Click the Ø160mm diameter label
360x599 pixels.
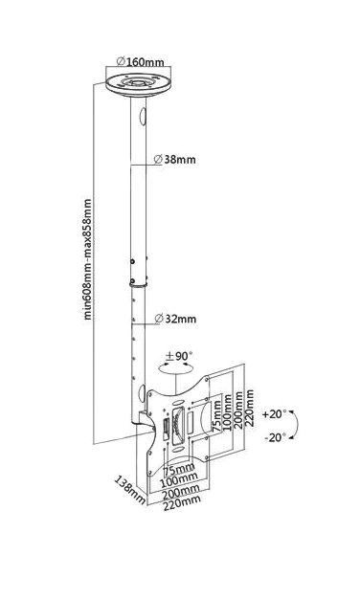click(145, 62)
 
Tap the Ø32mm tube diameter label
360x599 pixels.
click(175, 320)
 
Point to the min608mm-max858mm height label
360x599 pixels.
click(87, 258)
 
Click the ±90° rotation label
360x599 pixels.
click(179, 357)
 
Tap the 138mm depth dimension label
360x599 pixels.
click(130, 490)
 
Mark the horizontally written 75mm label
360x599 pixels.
click(179, 468)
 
